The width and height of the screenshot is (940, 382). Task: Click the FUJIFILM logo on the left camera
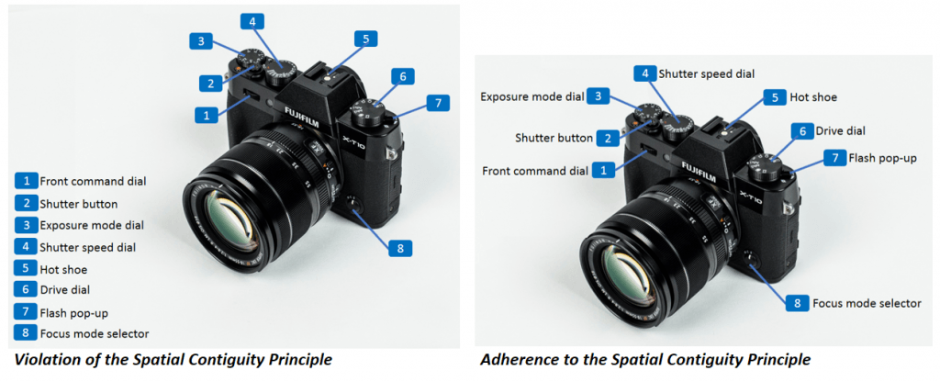pos(301,117)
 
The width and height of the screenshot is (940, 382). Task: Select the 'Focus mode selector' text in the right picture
pos(867,303)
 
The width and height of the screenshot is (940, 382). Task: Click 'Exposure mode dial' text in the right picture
pos(532,96)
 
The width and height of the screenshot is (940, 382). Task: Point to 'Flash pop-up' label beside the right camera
pos(882,158)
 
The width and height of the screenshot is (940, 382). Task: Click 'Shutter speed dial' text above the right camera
pos(706,73)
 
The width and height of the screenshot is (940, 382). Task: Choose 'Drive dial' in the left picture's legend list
pos(65,289)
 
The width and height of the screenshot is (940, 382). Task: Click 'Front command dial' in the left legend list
pos(93,181)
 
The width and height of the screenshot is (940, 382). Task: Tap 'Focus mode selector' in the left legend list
pos(95,333)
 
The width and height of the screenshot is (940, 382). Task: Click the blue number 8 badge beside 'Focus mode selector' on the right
pos(798,303)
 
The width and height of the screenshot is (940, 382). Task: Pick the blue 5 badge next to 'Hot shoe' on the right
pos(775,97)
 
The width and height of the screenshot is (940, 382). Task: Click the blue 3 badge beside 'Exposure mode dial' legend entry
pos(27,226)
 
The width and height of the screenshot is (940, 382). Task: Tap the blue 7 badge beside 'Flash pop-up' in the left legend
pos(27,311)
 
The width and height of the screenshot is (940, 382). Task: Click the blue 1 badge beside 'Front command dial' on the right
pos(603,171)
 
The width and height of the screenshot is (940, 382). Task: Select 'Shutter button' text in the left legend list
pos(79,204)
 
